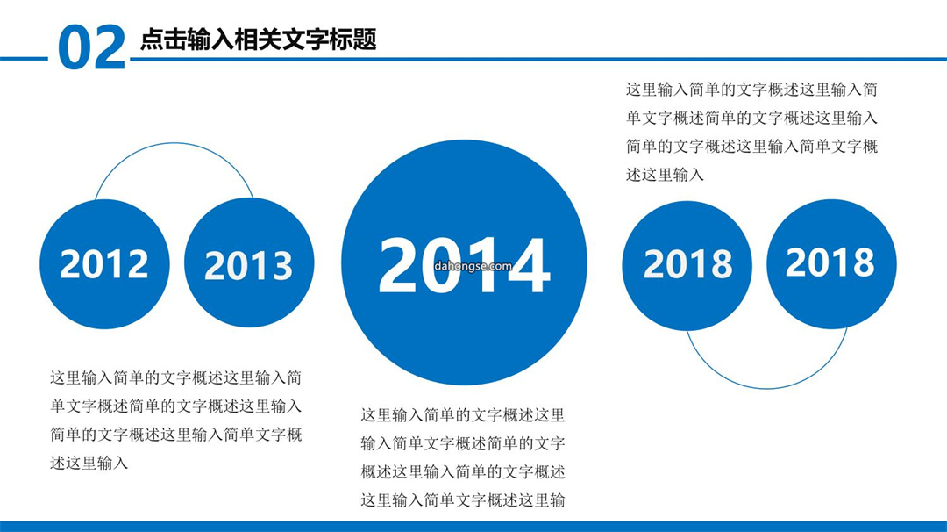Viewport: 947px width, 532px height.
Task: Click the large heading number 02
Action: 92,47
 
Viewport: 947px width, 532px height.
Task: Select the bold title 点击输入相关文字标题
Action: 259,40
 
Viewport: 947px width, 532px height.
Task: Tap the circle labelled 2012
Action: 104,264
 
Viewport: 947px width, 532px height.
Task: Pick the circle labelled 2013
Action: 249,263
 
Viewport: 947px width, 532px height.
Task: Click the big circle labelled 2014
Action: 464,262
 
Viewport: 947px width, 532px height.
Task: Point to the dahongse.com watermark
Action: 473,266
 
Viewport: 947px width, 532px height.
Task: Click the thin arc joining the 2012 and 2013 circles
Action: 174,143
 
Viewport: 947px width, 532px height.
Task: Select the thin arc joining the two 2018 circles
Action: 767,387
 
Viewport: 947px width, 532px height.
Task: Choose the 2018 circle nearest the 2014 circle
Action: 687,265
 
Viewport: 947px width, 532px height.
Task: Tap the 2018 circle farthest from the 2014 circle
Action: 831,264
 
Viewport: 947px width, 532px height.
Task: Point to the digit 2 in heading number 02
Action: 110,47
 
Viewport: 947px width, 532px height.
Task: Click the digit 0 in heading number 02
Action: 75,48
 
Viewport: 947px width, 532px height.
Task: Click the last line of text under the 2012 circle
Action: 89,463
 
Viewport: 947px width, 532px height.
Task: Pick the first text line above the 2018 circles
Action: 751,90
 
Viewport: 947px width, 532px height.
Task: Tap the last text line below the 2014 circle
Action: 463,500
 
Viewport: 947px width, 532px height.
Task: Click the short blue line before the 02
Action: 24,59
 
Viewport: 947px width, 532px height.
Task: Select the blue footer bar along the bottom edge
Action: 473,527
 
